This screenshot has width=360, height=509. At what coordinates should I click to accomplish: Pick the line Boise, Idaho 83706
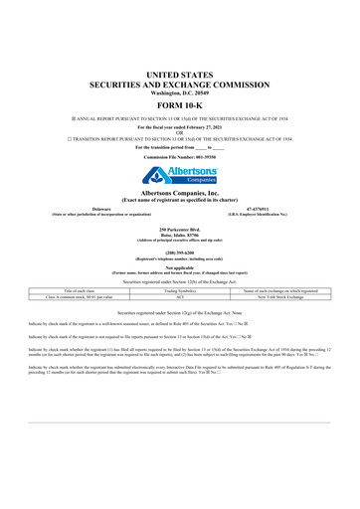179,237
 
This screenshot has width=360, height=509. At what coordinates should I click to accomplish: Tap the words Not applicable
179,267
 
